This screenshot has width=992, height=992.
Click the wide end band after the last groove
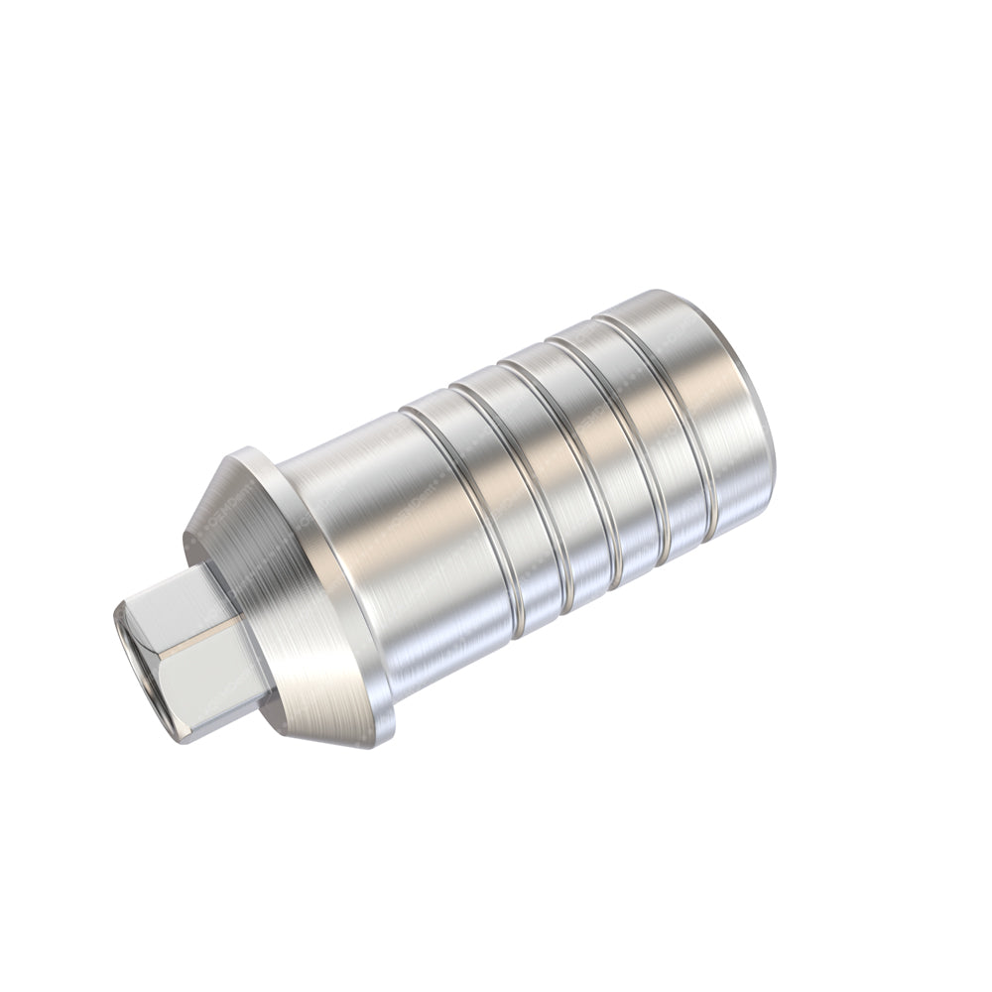click(704, 397)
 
